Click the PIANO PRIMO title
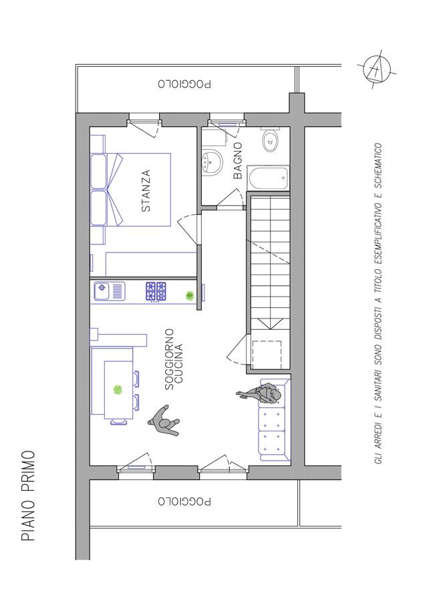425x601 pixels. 28,495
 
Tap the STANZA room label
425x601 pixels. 146,191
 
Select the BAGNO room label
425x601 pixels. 238,160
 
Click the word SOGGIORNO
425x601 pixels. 169,359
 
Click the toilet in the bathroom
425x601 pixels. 271,140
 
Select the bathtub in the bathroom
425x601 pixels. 268,178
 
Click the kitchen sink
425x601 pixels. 110,292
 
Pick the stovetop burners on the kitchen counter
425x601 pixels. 156,291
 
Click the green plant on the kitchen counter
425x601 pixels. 190,295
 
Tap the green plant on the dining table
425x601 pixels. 118,390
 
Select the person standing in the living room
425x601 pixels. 164,421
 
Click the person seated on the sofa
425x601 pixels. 263,394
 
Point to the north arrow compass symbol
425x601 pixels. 377,69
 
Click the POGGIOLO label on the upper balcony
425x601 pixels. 184,83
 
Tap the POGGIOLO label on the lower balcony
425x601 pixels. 184,501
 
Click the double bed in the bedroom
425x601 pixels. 130,190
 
